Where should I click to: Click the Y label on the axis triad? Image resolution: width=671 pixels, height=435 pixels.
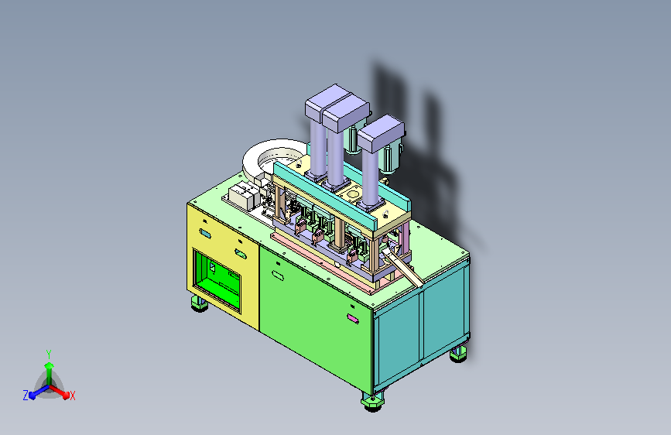coord(49,355)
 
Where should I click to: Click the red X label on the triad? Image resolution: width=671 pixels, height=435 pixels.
coord(72,396)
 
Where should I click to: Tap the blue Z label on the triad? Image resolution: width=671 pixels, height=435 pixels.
coord(26,396)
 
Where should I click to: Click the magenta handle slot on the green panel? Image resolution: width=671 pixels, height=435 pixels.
coord(353,319)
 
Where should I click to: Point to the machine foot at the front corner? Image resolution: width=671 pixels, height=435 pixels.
coord(372,402)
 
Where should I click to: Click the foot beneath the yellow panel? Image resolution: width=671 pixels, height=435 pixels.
coord(199,303)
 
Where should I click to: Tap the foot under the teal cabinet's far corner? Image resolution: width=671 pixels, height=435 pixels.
coord(458,354)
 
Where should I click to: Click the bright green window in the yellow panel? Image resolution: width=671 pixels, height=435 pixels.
coord(217,280)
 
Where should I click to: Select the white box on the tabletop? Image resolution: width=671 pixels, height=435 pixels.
coord(244,196)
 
